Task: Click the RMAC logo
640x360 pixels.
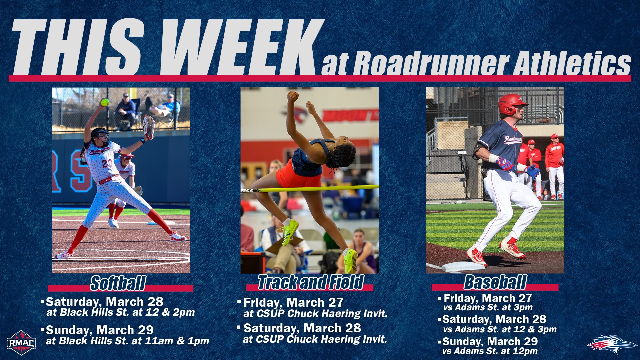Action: (21, 343)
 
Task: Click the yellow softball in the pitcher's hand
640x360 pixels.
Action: (105, 102)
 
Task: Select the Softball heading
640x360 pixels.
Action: (118, 283)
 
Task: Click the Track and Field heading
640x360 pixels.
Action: (310, 282)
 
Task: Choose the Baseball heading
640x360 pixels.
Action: (495, 282)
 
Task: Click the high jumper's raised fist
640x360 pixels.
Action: (293, 97)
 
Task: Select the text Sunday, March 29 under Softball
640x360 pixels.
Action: (99, 330)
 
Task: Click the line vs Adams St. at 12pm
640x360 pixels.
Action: (490, 351)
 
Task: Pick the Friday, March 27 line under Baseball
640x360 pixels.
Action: (487, 298)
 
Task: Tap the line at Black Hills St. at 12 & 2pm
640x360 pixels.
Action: (120, 312)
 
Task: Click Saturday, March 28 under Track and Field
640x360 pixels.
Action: (302, 328)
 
